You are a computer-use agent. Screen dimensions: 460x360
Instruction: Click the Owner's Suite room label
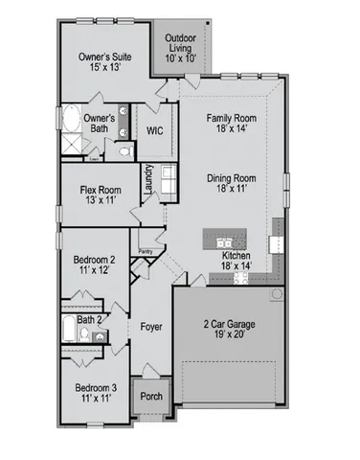coord(104,57)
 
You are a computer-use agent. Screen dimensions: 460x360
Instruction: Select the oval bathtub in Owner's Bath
coord(73,123)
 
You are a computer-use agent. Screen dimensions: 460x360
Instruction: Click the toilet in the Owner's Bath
coord(124,150)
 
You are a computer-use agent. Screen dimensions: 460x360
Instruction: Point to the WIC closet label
coord(155,131)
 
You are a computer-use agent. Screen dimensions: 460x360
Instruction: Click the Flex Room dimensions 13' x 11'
coord(99,201)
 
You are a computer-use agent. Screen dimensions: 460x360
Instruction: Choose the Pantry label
coord(146,251)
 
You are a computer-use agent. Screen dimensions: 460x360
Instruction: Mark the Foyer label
coord(150,327)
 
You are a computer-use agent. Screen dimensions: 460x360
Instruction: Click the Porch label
coord(151,395)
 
